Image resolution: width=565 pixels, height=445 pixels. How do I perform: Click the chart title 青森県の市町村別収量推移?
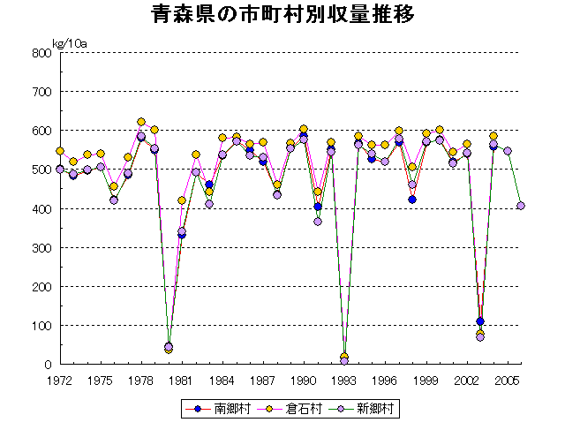point(282,16)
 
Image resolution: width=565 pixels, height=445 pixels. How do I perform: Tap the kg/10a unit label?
point(68,43)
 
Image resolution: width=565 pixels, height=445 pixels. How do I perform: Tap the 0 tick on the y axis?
point(49,364)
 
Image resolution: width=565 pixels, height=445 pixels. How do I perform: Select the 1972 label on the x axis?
point(60,381)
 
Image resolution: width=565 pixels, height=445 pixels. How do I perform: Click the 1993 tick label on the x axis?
point(344,381)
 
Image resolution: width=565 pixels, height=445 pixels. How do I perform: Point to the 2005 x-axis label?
point(507,381)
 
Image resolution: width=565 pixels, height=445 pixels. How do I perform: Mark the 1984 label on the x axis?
point(222,381)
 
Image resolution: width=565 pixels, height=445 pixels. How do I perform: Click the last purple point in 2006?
point(521,206)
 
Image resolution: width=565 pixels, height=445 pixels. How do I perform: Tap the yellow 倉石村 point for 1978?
point(141,122)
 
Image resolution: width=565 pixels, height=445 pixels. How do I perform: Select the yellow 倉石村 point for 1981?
point(182,200)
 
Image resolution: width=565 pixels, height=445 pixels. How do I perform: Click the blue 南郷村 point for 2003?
point(480,321)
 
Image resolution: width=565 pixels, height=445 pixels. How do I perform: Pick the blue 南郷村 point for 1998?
point(412,200)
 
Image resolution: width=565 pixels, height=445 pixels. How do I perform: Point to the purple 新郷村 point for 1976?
point(114,200)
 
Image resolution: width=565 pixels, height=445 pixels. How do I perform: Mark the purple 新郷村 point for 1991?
point(318,222)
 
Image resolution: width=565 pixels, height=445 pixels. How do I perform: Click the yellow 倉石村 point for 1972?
point(60,151)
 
